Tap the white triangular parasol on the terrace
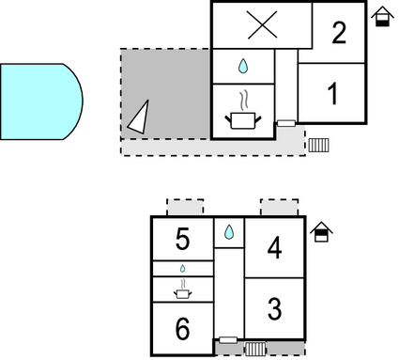[139, 117]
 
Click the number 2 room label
[339, 33]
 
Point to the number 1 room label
[331, 94]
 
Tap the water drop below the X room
[243, 66]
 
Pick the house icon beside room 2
[382, 18]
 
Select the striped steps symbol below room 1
[319, 145]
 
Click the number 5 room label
[183, 240]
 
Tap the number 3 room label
[274, 307]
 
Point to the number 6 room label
[183, 330]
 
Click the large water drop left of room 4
[228, 231]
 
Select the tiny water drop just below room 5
[183, 269]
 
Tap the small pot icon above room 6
[183, 291]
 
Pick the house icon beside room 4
[321, 232]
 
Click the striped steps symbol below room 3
[255, 348]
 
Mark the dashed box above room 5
[185, 207]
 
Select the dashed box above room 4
[279, 207]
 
